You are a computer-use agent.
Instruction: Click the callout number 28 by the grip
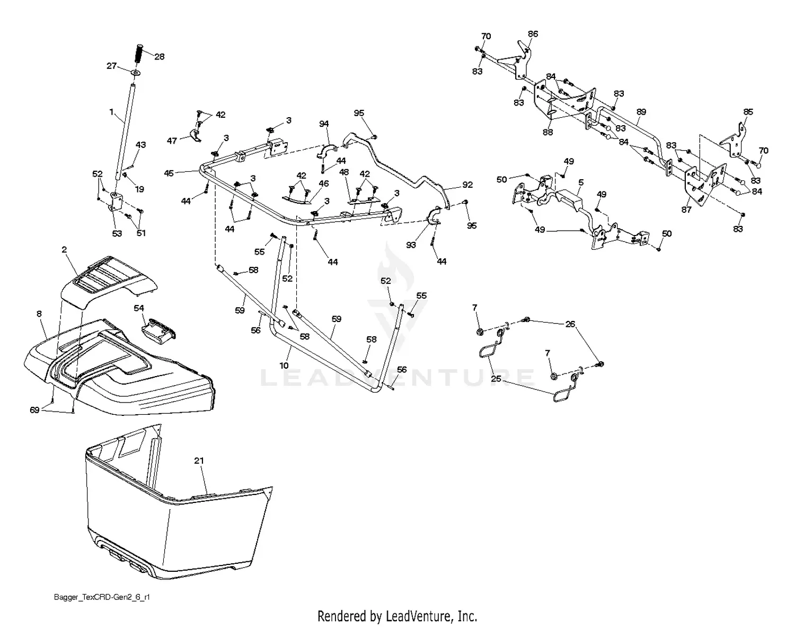click(x=159, y=57)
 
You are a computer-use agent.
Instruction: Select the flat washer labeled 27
click(x=136, y=72)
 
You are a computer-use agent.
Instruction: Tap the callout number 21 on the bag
click(x=199, y=461)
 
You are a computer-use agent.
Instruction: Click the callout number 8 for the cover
click(x=39, y=314)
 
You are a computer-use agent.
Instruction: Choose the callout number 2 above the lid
click(x=64, y=250)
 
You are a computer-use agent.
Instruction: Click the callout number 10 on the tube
click(x=284, y=365)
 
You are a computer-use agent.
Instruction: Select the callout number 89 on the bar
click(x=641, y=112)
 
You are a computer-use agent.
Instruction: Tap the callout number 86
click(x=533, y=34)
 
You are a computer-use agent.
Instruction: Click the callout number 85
click(x=748, y=112)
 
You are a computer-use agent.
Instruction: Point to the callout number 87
click(x=686, y=210)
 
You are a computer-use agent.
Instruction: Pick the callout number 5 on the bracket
click(x=581, y=182)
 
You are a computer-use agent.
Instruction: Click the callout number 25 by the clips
click(x=496, y=379)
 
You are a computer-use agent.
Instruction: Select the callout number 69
click(x=34, y=410)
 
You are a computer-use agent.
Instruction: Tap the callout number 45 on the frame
click(x=169, y=173)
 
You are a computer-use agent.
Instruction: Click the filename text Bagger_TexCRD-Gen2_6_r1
click(x=102, y=597)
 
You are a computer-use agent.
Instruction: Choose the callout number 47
click(x=172, y=141)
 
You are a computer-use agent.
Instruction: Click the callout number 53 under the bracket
click(x=117, y=233)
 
